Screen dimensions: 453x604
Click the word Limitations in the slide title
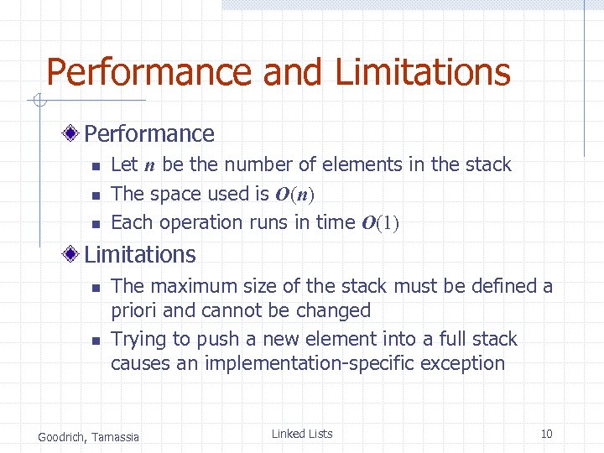point(423,72)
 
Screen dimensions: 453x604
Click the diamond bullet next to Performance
point(75,133)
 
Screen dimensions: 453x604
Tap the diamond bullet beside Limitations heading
point(75,254)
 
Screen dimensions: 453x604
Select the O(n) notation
point(294,195)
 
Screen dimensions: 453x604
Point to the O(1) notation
point(380,223)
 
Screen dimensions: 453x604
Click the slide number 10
point(546,434)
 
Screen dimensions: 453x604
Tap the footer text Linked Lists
point(302,434)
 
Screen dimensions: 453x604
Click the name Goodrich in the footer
point(62,436)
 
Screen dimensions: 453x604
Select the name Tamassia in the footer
point(117,436)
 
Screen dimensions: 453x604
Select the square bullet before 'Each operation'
point(96,224)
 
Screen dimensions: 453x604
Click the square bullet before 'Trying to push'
point(96,341)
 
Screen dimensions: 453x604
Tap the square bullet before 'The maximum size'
point(96,288)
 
